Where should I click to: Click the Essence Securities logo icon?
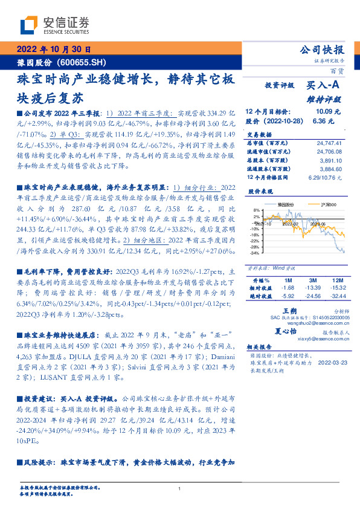[30, 25]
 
